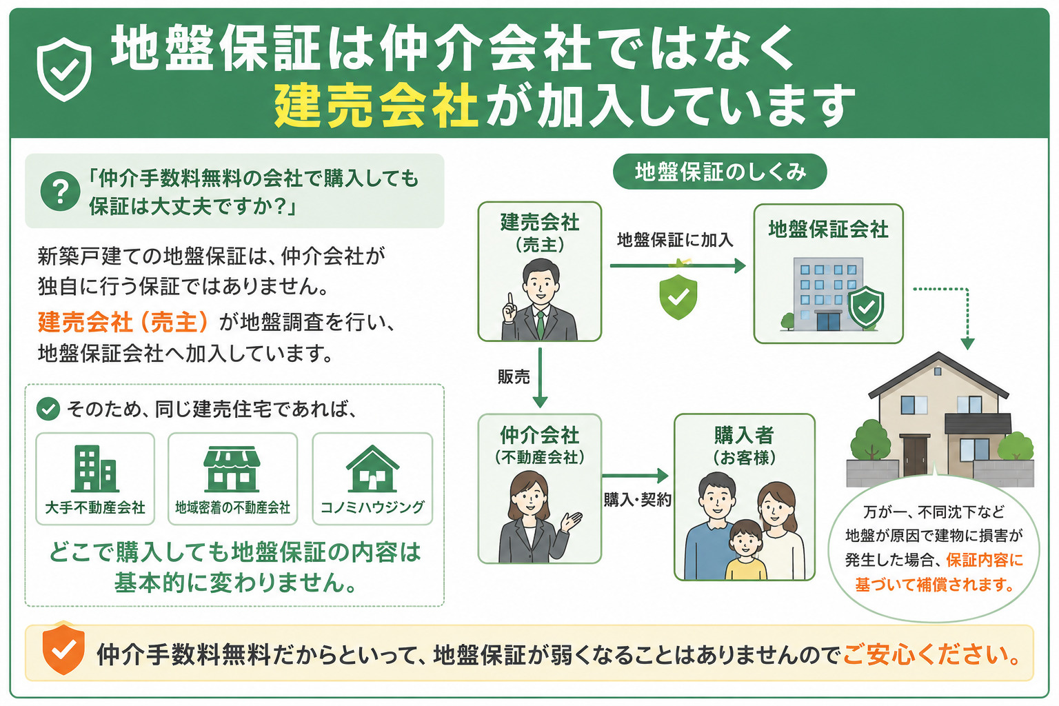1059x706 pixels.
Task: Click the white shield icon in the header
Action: point(64,69)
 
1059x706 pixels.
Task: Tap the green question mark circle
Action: point(60,191)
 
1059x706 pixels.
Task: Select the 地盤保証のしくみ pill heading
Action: point(720,172)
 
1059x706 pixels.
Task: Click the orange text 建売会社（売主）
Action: point(123,322)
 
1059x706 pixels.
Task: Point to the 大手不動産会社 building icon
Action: point(95,468)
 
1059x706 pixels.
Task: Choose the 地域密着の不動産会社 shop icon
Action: point(232,469)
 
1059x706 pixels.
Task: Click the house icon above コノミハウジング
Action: point(372,468)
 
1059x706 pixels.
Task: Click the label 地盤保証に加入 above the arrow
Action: point(675,240)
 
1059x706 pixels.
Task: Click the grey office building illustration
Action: point(827,294)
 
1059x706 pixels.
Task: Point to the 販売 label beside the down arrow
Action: point(514,377)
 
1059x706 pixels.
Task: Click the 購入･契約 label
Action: point(637,499)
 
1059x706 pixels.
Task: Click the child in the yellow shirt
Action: point(745,550)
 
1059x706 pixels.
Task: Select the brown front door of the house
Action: point(916,455)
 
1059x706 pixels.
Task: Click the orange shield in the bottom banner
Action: point(63,650)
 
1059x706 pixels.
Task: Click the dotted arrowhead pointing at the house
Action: point(968,344)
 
